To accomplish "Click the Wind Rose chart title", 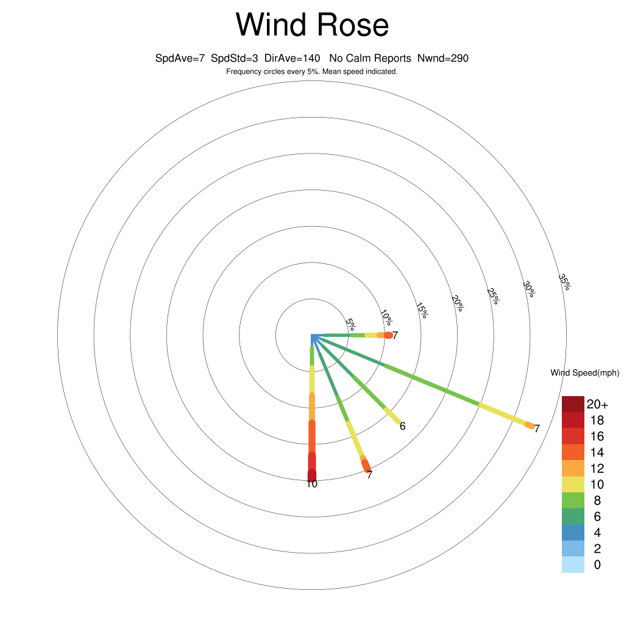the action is (312, 24).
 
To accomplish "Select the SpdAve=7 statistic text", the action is (180, 58).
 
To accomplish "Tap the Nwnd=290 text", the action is (443, 58).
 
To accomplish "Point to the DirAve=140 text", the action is (292, 58).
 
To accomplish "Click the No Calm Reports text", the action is (370, 58).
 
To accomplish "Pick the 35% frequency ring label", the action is (565, 282).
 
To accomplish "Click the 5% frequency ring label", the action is (351, 324).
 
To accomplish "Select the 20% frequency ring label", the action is (458, 303).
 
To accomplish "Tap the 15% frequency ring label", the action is (422, 310).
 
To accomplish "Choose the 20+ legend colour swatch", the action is (573, 404).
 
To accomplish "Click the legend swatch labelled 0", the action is (573, 565).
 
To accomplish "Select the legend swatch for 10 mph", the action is (573, 484).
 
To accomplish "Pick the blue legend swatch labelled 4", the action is (573, 533).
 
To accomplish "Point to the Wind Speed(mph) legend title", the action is (584, 373).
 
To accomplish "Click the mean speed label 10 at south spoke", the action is (312, 484).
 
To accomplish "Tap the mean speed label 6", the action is (403, 426).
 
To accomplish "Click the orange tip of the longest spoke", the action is (530, 425).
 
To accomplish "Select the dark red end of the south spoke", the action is (312, 475).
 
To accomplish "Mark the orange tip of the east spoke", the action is (388, 336).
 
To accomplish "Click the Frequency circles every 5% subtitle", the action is (312, 72).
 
